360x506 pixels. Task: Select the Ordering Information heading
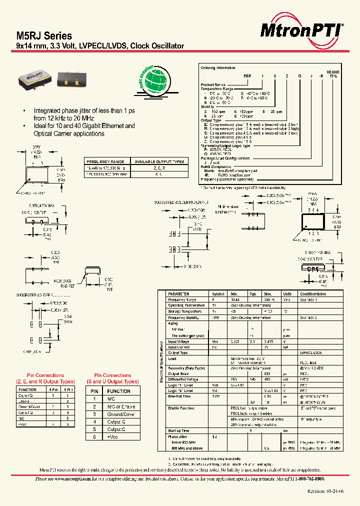pyautogui.click(x=217, y=67)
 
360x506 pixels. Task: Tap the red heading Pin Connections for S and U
pyautogui.click(x=113, y=378)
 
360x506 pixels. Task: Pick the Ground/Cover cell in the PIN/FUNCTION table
pyautogui.click(x=119, y=414)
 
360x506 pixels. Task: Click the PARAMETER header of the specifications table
pyautogui.click(x=178, y=294)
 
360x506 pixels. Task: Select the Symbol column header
pyautogui.click(x=218, y=294)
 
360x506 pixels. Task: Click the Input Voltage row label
pyautogui.click(x=178, y=341)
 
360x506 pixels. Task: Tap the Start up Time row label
pyautogui.click(x=178, y=430)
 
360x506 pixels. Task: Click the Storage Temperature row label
pyautogui.click(x=185, y=311)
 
